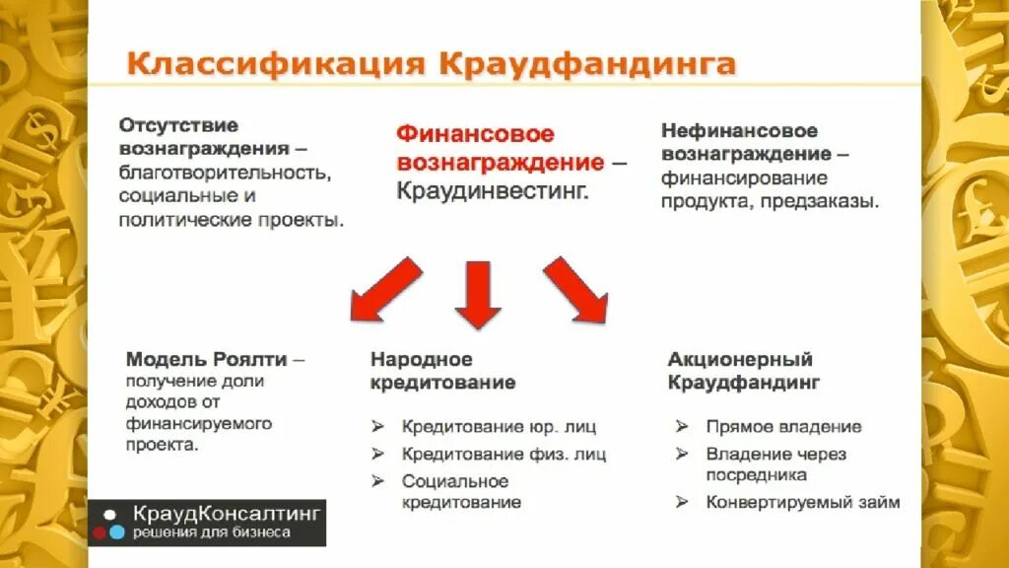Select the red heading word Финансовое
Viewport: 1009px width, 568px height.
click(475, 134)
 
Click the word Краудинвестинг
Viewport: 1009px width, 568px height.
click(492, 190)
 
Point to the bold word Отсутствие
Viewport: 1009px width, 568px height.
click(178, 125)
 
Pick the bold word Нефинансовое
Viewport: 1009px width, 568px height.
click(739, 131)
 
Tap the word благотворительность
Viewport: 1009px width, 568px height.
click(223, 173)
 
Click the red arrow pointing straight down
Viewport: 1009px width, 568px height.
click(479, 293)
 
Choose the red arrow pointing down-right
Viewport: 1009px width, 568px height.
click(577, 291)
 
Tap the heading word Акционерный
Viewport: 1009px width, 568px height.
click(740, 359)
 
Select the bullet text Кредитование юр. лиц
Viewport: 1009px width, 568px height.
click(499, 427)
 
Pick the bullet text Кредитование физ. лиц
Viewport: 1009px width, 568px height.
click(504, 455)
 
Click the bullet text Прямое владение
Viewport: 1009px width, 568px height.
click(783, 427)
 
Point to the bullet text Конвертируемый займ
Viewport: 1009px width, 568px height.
click(802, 502)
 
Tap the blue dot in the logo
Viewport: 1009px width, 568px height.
click(117, 532)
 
